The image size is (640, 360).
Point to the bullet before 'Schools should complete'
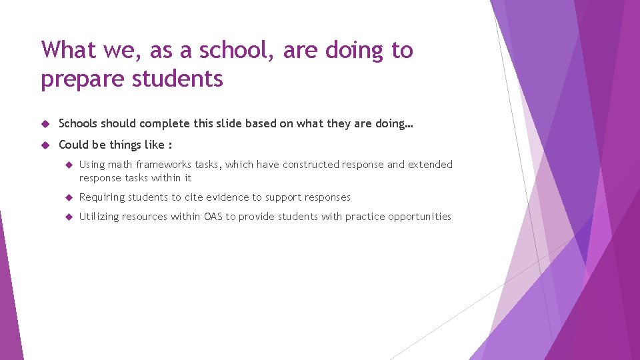click(45, 123)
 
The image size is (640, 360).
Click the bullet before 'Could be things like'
click(45, 145)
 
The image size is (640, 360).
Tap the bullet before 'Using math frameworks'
click(68, 165)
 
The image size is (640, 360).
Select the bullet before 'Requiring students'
click(68, 197)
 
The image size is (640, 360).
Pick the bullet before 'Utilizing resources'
click(68, 217)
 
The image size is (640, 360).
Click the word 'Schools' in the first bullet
click(77, 123)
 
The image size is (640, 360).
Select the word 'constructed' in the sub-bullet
click(311, 165)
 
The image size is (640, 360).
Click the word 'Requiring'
click(101, 197)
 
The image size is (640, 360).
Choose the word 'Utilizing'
click(99, 217)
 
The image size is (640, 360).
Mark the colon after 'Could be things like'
click(171, 145)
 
